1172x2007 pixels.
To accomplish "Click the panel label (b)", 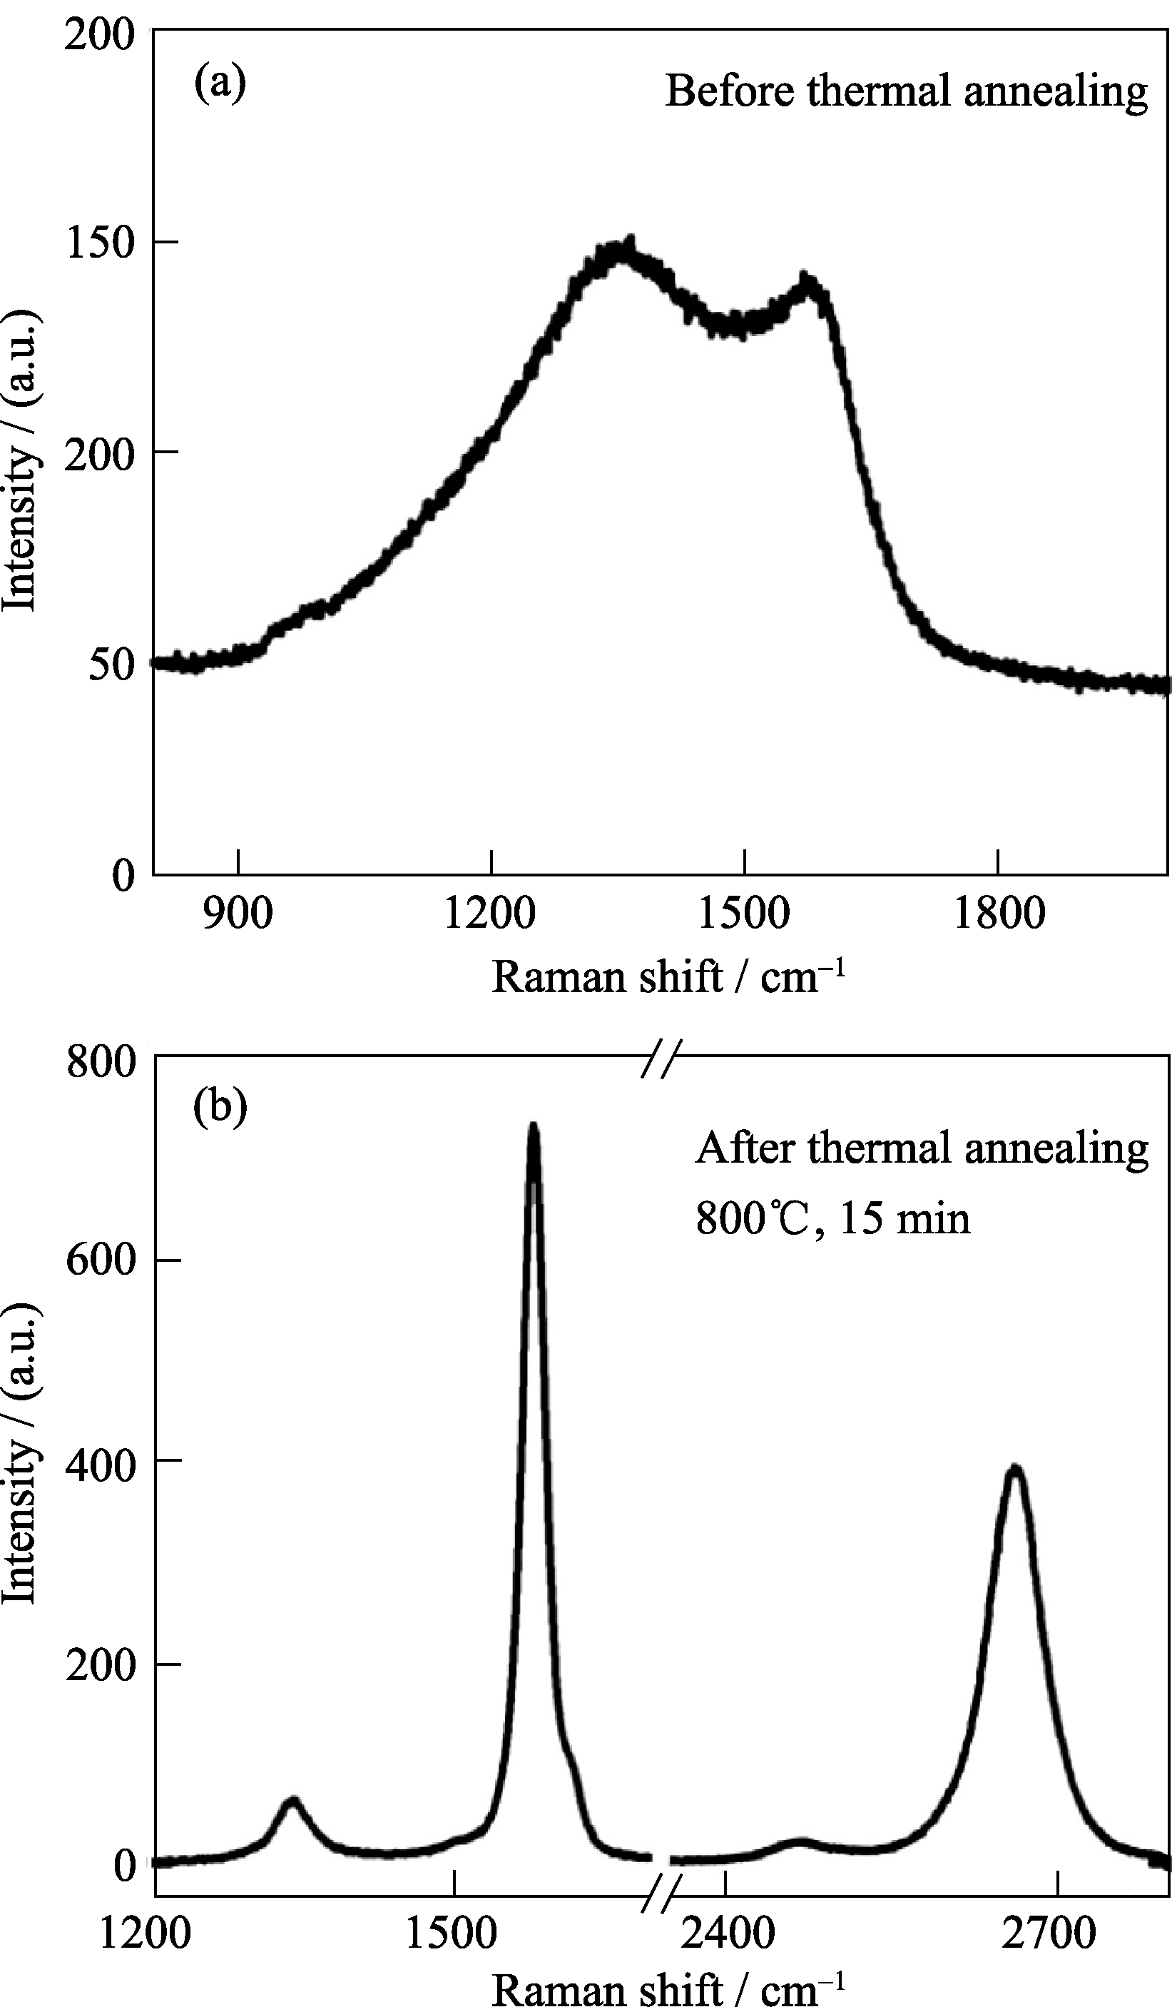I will (x=220, y=1106).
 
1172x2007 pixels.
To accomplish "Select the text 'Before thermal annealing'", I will (x=906, y=91).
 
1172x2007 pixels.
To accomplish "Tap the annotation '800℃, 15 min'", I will (x=833, y=1218).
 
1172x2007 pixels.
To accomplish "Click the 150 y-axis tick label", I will (x=101, y=242).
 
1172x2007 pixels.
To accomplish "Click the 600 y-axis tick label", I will (x=101, y=1260).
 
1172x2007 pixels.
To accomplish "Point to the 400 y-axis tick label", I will (x=101, y=1464).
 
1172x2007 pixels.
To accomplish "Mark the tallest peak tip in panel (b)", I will (x=534, y=1128).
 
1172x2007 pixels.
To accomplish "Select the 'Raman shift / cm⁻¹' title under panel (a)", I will (x=667, y=976).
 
